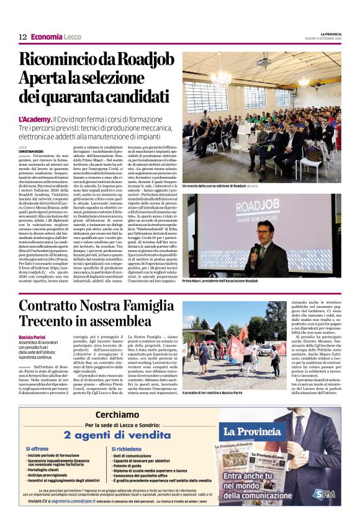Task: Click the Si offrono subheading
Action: click(37, 449)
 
